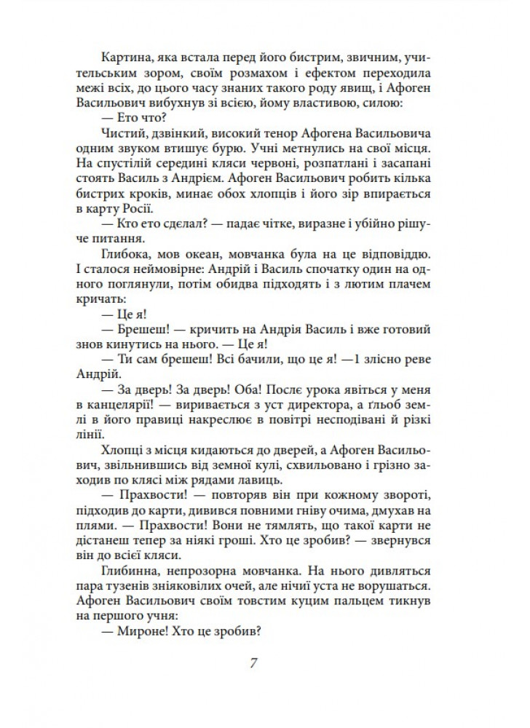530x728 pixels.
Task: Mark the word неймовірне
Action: click(x=167, y=272)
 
